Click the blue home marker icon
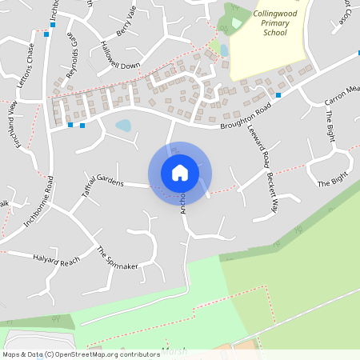pyautogui.click(x=180, y=172)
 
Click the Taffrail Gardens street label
pyautogui.click(x=101, y=182)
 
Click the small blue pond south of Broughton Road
pyautogui.click(x=123, y=125)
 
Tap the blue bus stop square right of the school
pyautogui.click(x=278, y=95)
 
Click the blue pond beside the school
pyautogui.click(x=224, y=50)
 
